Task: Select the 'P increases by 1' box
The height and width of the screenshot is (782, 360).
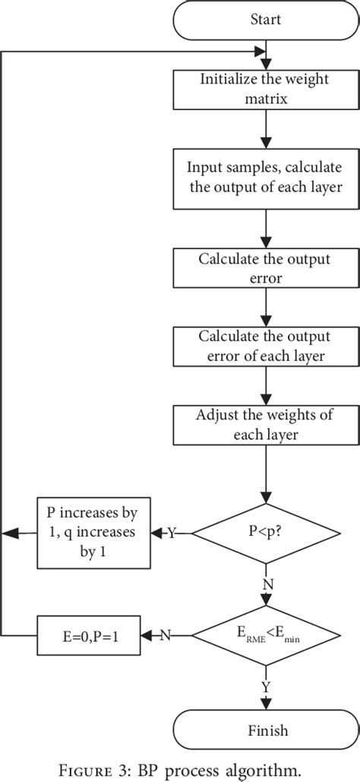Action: tap(93, 532)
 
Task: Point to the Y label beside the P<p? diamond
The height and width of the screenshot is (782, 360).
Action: tap(171, 533)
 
